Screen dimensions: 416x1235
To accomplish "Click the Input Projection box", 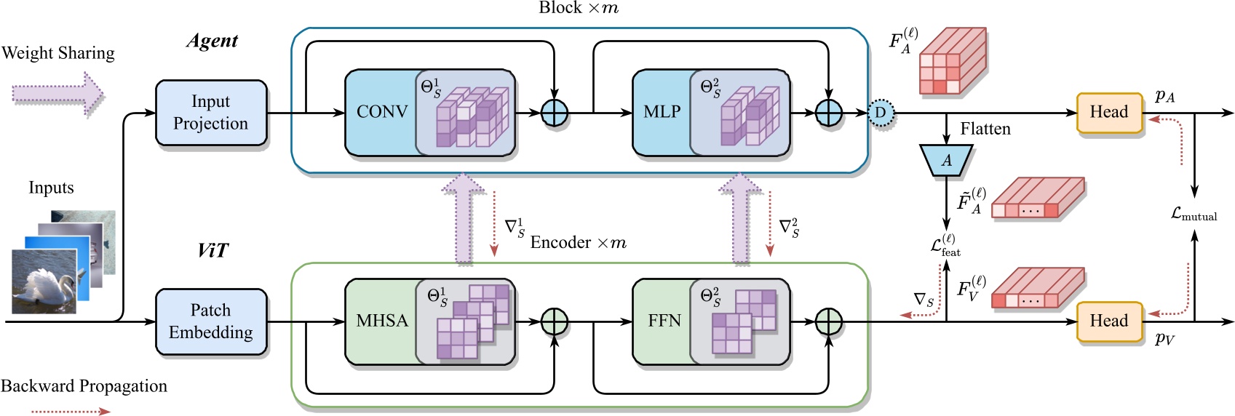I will [x=211, y=113].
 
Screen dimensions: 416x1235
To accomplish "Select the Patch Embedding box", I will [x=211, y=321].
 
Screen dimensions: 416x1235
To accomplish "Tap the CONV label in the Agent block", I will [x=381, y=112].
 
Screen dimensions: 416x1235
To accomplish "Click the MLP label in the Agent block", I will [x=662, y=112].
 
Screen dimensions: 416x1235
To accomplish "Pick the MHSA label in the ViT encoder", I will [x=381, y=321].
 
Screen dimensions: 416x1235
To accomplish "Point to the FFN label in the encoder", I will [x=664, y=321].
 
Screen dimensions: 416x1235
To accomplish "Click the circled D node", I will [x=881, y=113].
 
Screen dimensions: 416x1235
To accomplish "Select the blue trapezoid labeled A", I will [x=946, y=160].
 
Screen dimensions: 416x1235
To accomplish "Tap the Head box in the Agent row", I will [x=1108, y=113].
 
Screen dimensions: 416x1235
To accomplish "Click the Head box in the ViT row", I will [x=1108, y=321].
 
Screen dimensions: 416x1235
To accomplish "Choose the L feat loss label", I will [x=945, y=246].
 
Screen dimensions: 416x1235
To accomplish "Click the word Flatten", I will [x=985, y=129].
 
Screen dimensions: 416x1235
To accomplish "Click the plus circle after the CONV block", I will [x=555, y=113].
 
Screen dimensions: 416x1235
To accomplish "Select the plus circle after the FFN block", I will [x=828, y=321].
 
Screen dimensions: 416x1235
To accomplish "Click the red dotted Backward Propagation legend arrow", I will [x=70, y=412].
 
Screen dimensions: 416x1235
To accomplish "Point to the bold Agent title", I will [x=212, y=41].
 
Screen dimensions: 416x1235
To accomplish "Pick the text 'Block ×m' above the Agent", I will [x=578, y=8].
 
